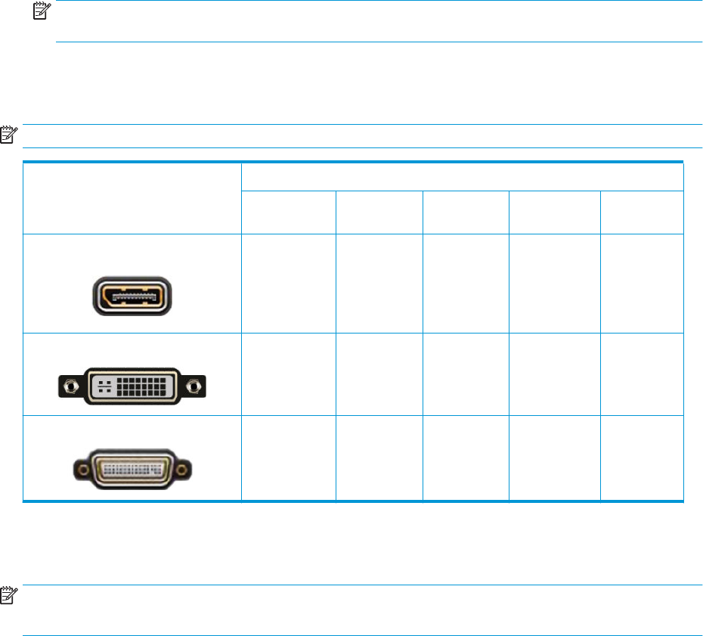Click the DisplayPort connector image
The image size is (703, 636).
[132, 295]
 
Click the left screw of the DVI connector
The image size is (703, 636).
[70, 386]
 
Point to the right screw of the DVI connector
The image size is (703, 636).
[195, 386]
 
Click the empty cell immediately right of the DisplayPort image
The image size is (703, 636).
[288, 284]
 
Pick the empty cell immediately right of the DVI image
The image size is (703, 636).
[288, 374]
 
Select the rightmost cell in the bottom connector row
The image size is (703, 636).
[642, 458]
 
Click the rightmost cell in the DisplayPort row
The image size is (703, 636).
[642, 284]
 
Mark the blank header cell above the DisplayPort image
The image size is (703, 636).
[132, 197]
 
